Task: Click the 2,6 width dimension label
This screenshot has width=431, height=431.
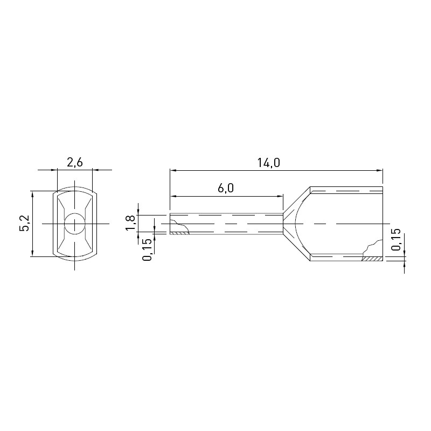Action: click(x=74, y=163)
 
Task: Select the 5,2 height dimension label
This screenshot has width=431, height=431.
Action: click(x=24, y=223)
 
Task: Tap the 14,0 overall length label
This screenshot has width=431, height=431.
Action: click(x=268, y=163)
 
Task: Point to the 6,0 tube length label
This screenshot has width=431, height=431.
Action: click(x=226, y=188)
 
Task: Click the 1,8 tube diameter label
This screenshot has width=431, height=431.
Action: click(x=131, y=223)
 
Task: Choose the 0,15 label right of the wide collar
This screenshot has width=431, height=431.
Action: click(x=396, y=239)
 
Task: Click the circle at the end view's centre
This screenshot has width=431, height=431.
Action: click(x=74, y=224)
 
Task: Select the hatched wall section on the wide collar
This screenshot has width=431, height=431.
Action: click(x=372, y=259)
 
